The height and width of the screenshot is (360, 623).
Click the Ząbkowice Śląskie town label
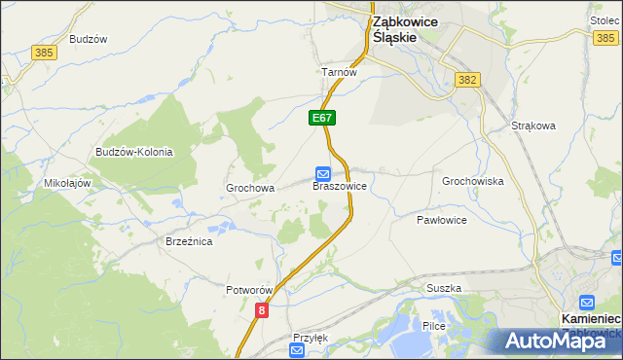406,28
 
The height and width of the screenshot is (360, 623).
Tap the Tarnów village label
340,72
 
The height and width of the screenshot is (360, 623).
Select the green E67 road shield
323,118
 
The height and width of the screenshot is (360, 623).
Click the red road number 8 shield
261,309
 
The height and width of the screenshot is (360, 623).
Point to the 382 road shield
468,80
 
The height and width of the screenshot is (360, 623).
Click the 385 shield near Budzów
43,52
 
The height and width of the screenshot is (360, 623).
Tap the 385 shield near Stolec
605,37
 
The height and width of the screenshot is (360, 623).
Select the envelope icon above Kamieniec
586,303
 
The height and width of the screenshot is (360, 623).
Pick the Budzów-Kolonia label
133,152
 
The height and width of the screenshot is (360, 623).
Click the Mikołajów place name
67,183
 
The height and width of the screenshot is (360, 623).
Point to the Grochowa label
250,188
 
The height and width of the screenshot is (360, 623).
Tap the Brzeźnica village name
189,241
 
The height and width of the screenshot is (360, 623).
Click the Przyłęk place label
311,338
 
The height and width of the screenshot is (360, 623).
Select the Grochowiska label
472,181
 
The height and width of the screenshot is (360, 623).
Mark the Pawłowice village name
442,220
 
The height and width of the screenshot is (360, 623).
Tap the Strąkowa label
532,126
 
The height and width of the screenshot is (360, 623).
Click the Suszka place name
443,289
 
